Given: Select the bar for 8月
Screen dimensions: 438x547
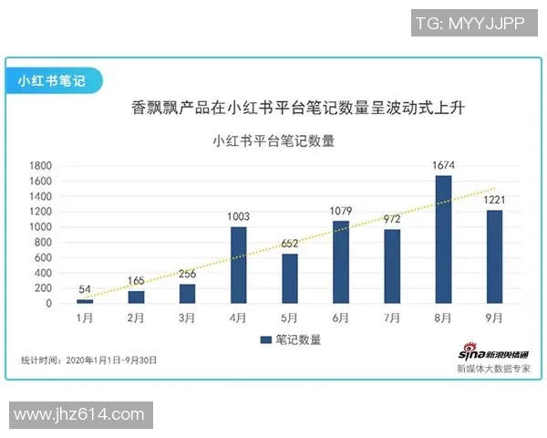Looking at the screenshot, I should coord(443,240).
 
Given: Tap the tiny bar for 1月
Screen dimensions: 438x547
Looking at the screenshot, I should coord(85,301).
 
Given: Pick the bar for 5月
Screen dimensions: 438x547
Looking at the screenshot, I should coord(289,278).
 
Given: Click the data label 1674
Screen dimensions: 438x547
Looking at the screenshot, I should coord(443,165).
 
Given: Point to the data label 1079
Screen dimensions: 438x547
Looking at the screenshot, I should coord(341,211).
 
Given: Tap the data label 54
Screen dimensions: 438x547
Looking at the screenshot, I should coord(85,289).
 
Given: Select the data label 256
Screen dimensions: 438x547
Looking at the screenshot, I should coord(187,274).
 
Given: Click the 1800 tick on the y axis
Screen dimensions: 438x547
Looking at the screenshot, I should coord(40,166).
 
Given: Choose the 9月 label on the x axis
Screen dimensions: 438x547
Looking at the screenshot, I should coord(494,318).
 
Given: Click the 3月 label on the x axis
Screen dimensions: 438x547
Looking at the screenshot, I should coord(187,318).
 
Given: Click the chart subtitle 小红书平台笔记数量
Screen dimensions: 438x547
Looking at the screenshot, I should coord(273,141).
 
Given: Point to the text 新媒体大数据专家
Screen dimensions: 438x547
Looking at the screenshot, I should coord(493,370).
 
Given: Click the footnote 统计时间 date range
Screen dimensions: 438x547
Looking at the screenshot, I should coord(88,360).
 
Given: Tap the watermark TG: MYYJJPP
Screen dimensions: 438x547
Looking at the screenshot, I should coord(470,25).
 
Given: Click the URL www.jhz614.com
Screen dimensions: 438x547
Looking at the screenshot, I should coord(79,415).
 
